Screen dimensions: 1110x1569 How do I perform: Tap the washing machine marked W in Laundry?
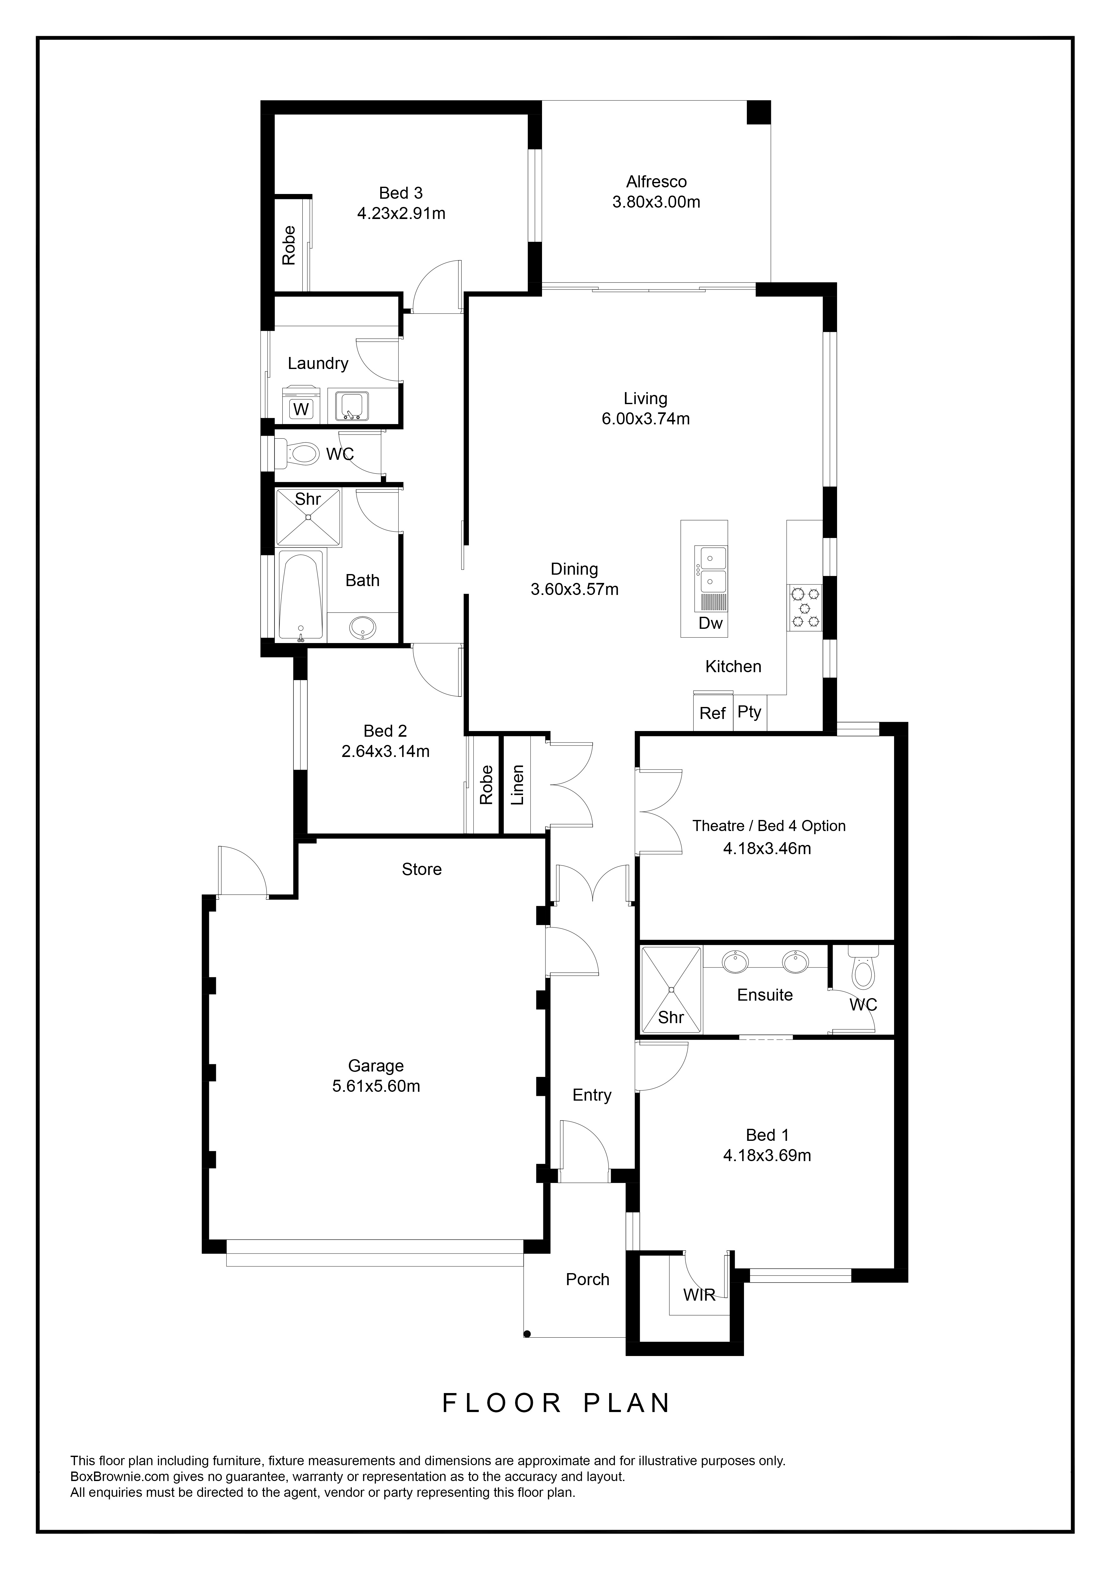[301, 404]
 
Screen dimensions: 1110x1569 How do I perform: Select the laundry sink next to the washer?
[351, 405]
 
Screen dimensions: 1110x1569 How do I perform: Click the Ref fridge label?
[712, 713]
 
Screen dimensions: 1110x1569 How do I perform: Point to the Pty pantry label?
[749, 712]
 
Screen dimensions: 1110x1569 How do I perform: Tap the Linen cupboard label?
[517, 785]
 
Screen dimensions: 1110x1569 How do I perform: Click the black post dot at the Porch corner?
[527, 1333]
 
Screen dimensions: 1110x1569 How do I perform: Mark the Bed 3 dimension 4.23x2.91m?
[401, 213]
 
